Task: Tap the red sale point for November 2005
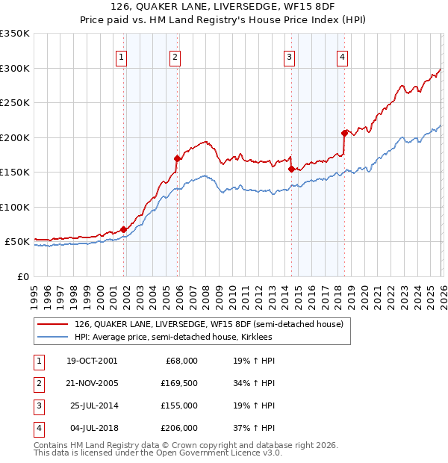click(177, 158)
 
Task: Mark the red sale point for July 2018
click(344, 133)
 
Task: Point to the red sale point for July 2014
click(291, 169)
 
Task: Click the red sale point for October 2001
click(124, 229)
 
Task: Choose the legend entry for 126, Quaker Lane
click(208, 324)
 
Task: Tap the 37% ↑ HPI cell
click(254, 428)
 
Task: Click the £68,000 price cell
click(180, 361)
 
